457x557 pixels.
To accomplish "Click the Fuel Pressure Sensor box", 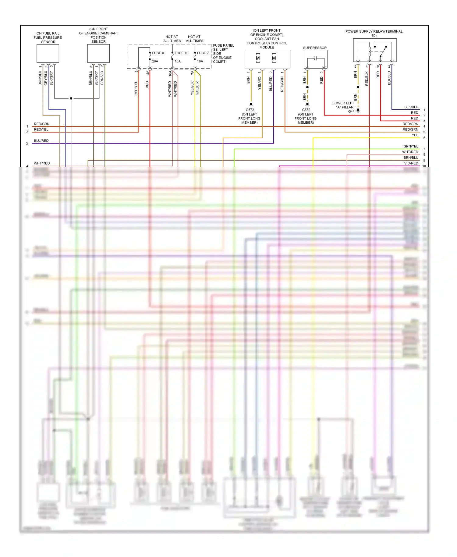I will click(x=48, y=53).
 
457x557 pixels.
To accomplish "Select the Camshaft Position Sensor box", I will click(x=98, y=53).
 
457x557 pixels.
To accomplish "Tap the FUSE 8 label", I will click(x=158, y=53).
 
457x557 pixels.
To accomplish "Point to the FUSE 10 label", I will click(x=181, y=53).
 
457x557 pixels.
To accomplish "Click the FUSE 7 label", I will click(x=203, y=53).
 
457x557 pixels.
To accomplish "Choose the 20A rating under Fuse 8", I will click(x=155, y=61).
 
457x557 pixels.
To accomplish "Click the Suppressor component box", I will click(x=315, y=59).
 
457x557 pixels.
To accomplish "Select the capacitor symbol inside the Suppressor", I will click(x=315, y=58).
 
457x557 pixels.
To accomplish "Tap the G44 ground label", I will click(x=351, y=112).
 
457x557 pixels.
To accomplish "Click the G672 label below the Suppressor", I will click(x=306, y=110).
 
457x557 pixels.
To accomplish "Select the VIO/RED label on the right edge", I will click(x=411, y=163).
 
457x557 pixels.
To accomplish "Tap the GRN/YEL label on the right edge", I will click(x=411, y=147).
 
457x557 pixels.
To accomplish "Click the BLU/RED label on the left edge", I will click(x=41, y=141).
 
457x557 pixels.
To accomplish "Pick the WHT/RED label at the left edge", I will click(x=42, y=163).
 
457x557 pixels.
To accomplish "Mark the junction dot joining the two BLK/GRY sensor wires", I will click(x=71, y=98).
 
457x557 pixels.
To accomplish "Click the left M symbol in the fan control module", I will click(x=258, y=58).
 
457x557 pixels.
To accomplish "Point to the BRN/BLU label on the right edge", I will click(x=411, y=158).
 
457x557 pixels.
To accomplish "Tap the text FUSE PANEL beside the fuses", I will click(x=223, y=45).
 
